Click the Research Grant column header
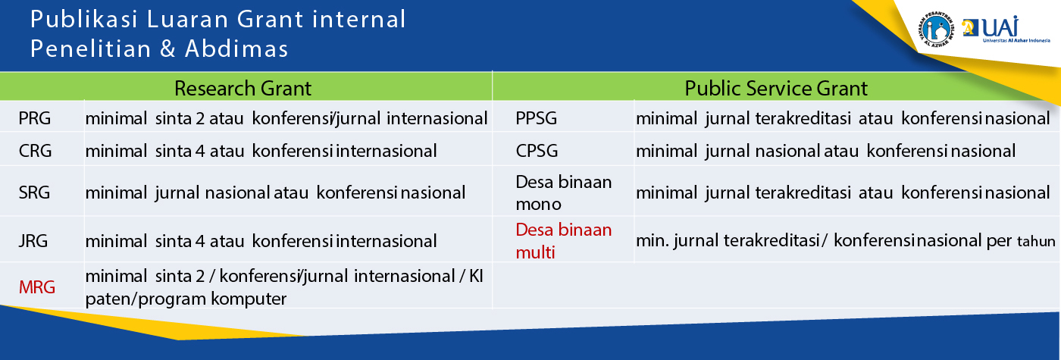(243, 88)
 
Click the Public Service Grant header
(776, 88)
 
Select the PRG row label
(35, 119)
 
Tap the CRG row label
(36, 151)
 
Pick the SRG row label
(35, 193)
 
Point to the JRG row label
(34, 242)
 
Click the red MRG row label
(37, 287)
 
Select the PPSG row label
(538, 119)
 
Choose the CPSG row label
(538, 151)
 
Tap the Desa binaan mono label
(563, 193)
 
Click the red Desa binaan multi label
(563, 240)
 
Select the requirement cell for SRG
(275, 193)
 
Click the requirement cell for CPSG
(825, 151)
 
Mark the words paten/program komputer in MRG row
(186, 299)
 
